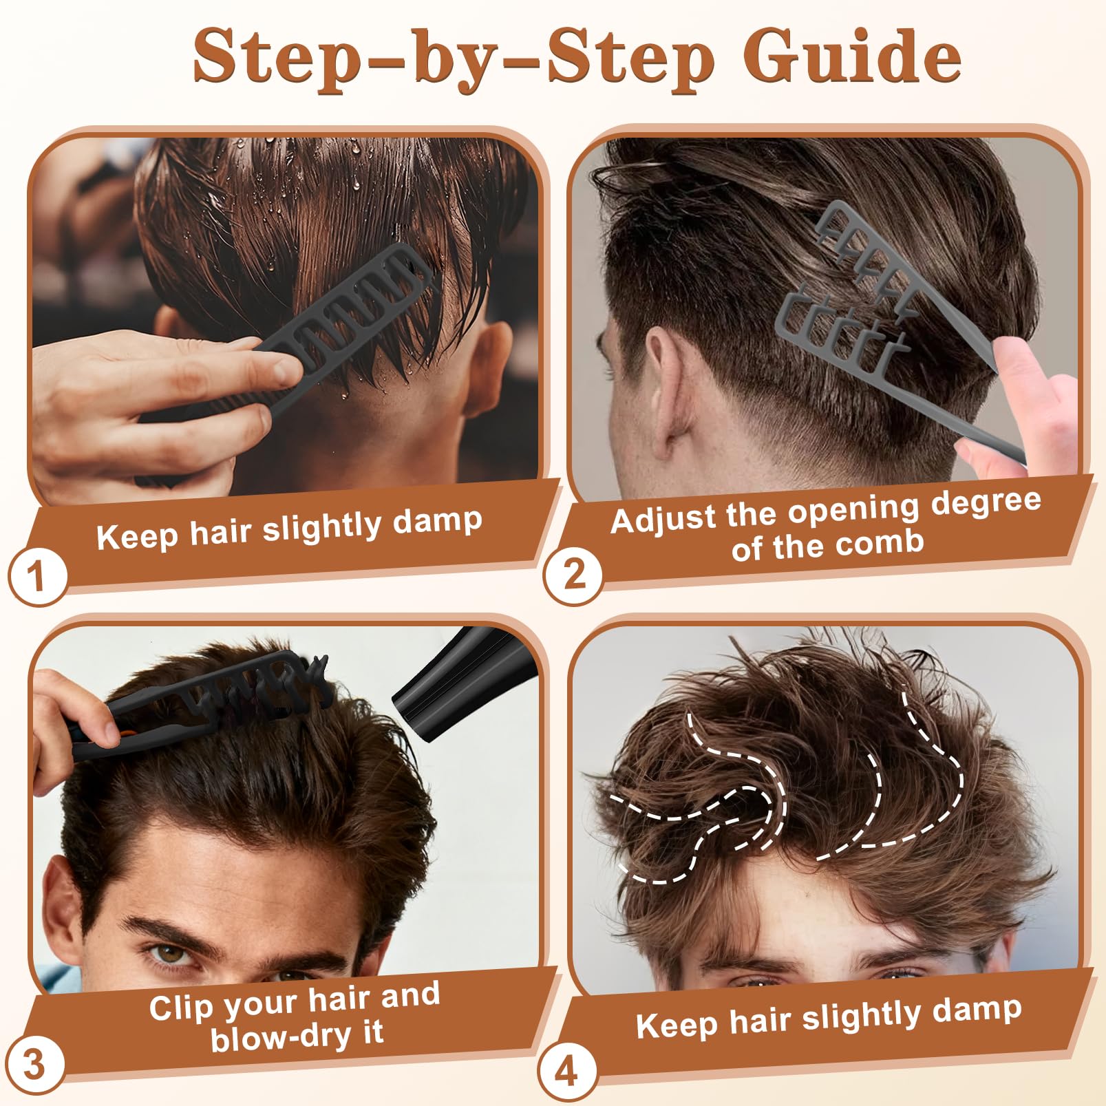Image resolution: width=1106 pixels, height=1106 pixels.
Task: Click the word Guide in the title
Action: tap(851, 56)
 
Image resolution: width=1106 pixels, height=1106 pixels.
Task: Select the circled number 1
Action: tap(38, 575)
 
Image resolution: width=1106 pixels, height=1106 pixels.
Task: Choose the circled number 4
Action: tap(567, 1072)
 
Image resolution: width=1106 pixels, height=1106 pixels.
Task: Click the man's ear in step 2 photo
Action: tap(659, 385)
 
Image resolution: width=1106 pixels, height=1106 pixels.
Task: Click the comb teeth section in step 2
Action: tap(850, 289)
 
